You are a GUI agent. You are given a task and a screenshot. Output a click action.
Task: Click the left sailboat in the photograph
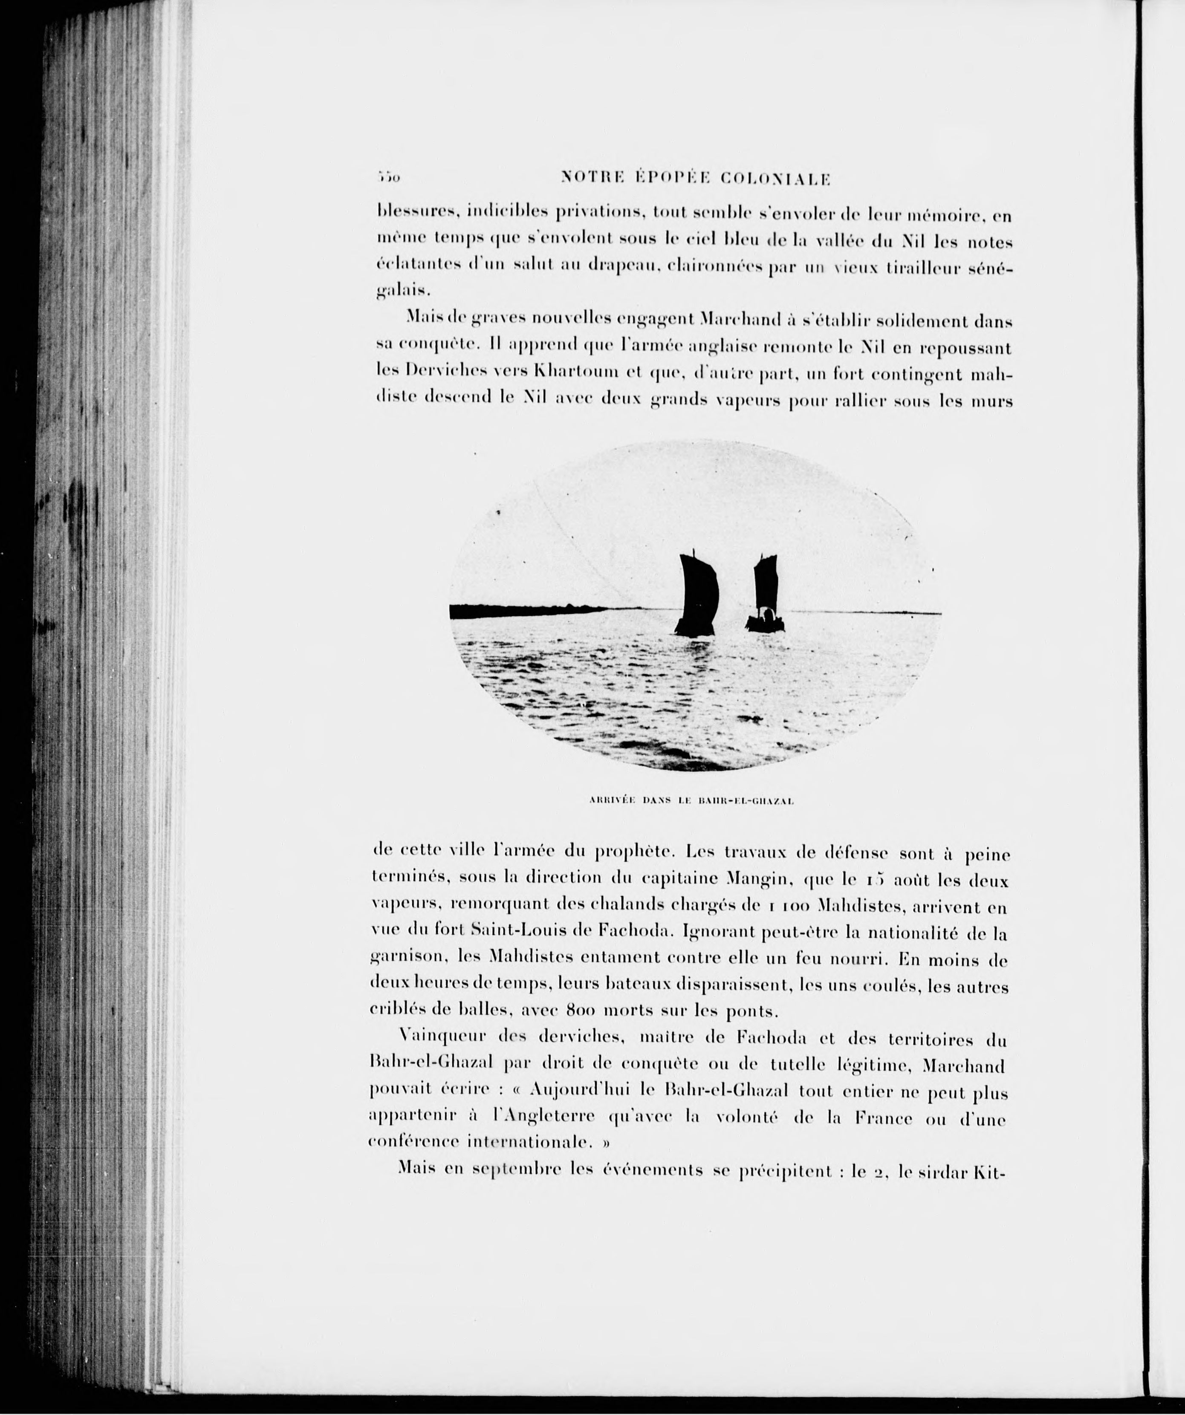point(698,596)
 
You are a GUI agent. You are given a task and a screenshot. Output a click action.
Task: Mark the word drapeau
point(619,268)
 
